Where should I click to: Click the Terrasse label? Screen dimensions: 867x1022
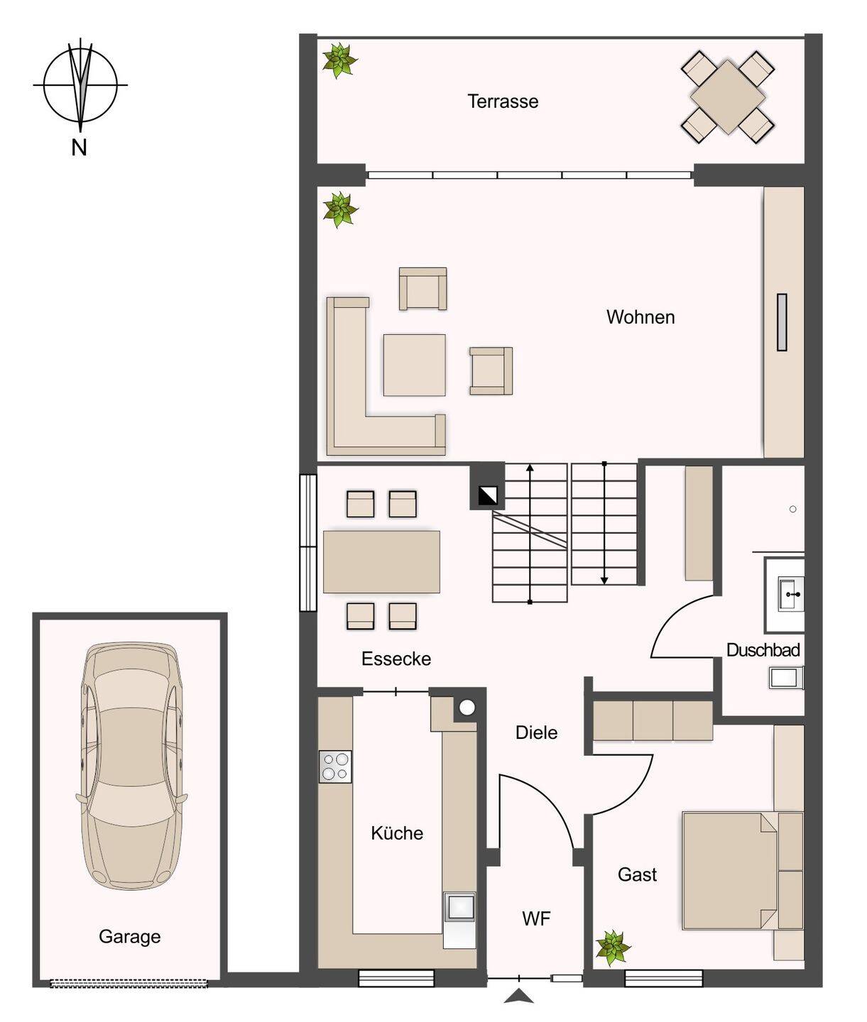(503, 101)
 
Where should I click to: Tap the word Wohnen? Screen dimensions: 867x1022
(640, 317)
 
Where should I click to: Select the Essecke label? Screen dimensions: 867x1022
(396, 659)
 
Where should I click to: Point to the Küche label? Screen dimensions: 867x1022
(397, 833)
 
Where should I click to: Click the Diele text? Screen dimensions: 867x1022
(536, 732)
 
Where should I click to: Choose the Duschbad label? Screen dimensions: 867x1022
(763, 650)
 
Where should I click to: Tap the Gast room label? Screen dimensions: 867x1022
(637, 874)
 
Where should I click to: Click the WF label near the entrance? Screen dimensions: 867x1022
(536, 918)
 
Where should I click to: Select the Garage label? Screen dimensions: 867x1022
(129, 937)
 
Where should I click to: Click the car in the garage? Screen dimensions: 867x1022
(131, 765)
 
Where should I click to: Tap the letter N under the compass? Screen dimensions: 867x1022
(79, 148)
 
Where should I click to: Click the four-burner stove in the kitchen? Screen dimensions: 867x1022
(335, 766)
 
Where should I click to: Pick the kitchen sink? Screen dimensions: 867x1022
(459, 908)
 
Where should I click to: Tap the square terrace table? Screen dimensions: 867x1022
(727, 97)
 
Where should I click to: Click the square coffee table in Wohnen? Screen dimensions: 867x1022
(414, 366)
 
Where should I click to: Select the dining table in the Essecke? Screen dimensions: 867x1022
(381, 561)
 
